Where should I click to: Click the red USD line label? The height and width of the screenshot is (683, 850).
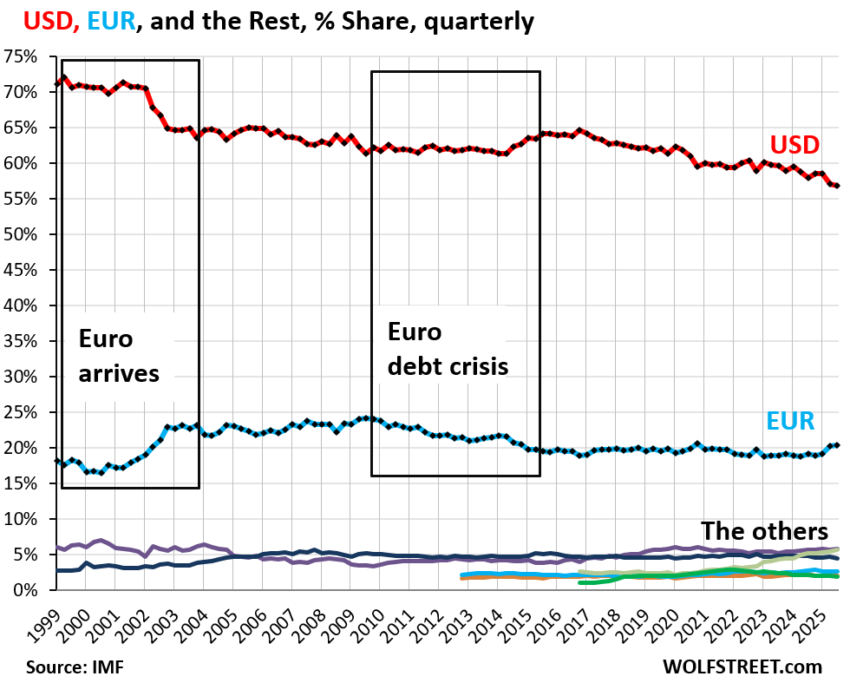point(794,143)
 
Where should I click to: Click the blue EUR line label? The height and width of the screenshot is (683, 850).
point(790,422)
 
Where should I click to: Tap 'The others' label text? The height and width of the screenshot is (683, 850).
point(763,530)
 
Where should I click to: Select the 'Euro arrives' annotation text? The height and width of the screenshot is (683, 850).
point(120,356)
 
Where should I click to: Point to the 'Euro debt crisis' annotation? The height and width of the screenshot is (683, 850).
point(447,349)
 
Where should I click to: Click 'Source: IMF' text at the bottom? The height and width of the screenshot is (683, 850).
point(72,667)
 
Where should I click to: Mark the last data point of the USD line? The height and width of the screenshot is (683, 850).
point(836,186)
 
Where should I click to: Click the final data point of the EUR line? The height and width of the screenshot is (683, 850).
point(836,445)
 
